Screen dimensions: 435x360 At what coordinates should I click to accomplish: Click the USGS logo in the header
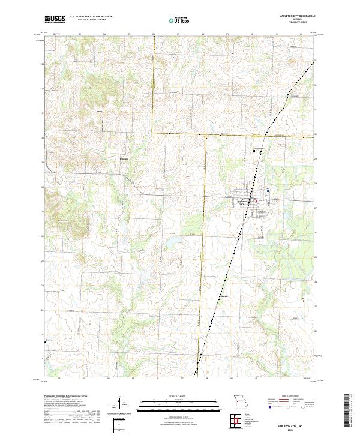[55, 19]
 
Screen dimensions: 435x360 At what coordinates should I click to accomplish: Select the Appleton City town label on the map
[242, 202]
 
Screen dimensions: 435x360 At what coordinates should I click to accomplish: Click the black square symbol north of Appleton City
[254, 150]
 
